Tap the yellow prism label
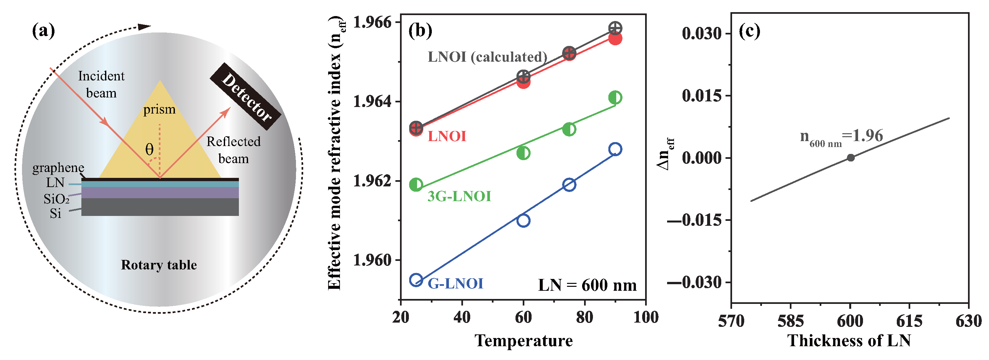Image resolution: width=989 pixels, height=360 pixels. pos(159,110)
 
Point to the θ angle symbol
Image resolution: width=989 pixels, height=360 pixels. pos(149,149)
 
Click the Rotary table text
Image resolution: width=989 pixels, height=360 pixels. pos(158,265)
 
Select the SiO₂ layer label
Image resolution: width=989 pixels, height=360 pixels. pos(56,199)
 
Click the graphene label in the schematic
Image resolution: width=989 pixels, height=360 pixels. pos(58,168)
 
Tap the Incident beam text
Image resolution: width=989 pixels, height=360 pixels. pos(101,84)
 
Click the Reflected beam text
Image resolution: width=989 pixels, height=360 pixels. pos(233,150)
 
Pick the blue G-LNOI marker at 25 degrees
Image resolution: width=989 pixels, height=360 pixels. pos(416,280)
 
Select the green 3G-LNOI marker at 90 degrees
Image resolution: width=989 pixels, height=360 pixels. pos(615,97)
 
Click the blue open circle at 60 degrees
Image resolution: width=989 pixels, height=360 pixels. pos(523,220)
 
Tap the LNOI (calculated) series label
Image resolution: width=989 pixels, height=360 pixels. pos(487,57)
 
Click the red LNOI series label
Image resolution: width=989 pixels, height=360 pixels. pos(447,136)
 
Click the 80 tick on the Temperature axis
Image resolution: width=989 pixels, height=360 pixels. pos(584,317)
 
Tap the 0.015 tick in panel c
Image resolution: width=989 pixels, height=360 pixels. pos(702,95)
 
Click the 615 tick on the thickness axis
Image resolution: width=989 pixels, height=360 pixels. pos(909,321)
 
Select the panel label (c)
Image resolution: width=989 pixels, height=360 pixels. pos(749,31)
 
